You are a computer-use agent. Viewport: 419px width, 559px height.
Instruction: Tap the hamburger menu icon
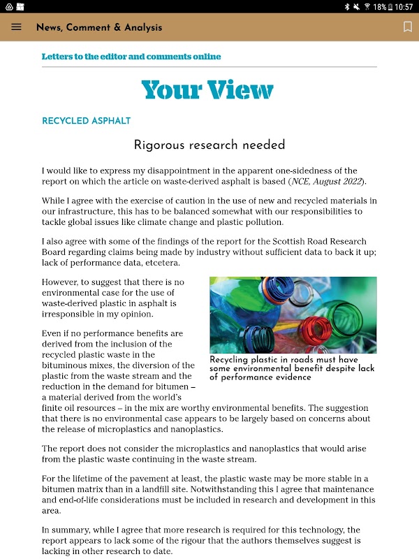tap(17, 27)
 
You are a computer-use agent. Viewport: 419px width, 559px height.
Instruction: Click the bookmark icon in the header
tap(408, 27)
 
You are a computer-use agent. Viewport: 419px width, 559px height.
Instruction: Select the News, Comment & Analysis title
tap(99, 27)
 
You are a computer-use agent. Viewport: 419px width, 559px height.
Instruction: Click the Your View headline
tap(207, 90)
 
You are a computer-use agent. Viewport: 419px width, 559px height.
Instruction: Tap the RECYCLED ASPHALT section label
tap(86, 121)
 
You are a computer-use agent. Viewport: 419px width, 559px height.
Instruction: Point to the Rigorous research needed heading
tap(209, 145)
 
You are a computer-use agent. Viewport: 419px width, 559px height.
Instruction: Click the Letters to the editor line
tap(131, 57)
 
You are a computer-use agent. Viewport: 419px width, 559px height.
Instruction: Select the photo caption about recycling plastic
tap(292, 368)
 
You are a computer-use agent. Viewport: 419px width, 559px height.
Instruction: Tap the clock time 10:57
tap(404, 6)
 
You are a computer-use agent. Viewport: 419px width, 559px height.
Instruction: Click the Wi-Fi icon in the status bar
tap(367, 6)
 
